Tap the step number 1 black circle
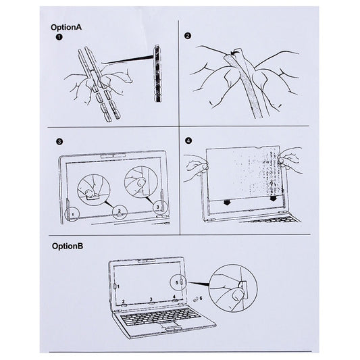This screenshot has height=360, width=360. [x=59, y=38]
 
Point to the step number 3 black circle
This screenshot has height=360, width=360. [x=59, y=143]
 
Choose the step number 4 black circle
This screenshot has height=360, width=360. [x=187, y=143]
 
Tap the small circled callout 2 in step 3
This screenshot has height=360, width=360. [x=119, y=211]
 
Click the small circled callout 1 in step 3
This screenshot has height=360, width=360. [x=71, y=214]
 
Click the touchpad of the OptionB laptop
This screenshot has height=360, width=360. [x=167, y=327]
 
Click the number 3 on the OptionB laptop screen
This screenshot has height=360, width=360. [x=150, y=298]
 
